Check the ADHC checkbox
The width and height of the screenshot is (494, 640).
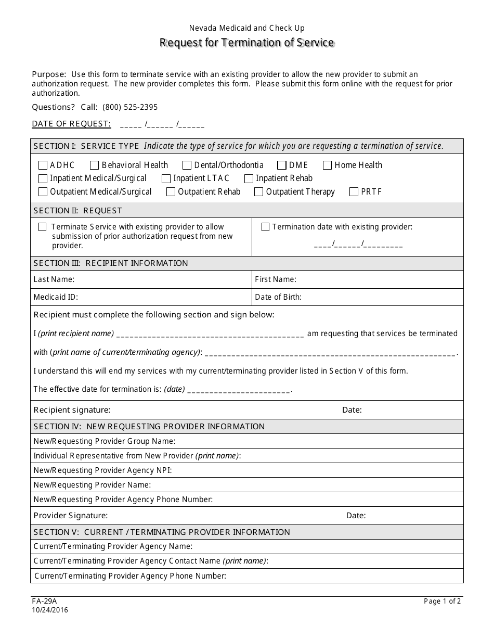(x=43, y=165)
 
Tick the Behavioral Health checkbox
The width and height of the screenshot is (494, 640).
(x=94, y=165)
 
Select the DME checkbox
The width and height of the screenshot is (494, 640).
(x=282, y=165)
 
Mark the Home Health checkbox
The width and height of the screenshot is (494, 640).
(x=327, y=165)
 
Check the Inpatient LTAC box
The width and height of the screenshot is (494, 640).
(x=166, y=178)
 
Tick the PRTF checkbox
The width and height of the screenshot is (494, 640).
(x=354, y=192)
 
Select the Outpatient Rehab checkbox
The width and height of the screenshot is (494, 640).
(x=171, y=192)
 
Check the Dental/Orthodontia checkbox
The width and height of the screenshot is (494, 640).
(x=187, y=165)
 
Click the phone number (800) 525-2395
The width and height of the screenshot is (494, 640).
(x=130, y=107)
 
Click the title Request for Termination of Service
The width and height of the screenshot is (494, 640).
(x=246, y=43)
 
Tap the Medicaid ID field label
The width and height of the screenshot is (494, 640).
(x=56, y=297)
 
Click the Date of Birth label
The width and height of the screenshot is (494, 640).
(x=278, y=297)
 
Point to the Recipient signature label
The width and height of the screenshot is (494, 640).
(x=72, y=410)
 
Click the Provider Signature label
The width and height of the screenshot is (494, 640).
(x=70, y=516)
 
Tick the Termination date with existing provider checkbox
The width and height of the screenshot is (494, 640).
(x=265, y=227)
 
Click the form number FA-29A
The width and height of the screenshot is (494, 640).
(x=44, y=601)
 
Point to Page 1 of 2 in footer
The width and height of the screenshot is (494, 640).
(x=442, y=601)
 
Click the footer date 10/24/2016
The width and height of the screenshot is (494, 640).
(x=50, y=610)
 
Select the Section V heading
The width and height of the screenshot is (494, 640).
(x=162, y=532)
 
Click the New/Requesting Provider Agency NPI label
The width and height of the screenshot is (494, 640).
(x=102, y=470)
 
